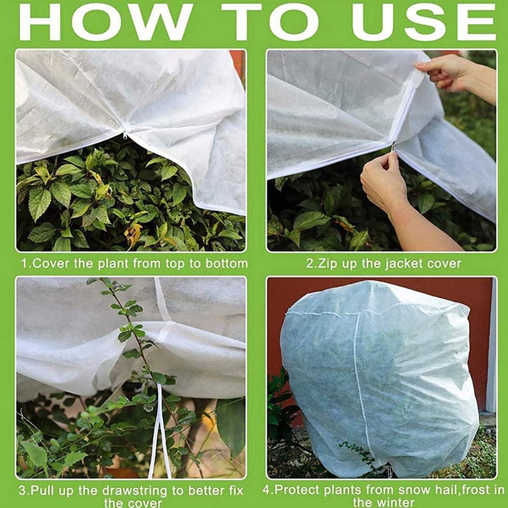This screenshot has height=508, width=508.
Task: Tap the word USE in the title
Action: tap(424, 22)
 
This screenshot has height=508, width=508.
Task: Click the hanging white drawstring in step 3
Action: tap(160, 431)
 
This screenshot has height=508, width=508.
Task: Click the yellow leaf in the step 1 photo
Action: tap(133, 234)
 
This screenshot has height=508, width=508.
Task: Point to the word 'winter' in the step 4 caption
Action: tap(395, 502)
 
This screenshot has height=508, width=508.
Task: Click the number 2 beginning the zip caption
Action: tap(310, 263)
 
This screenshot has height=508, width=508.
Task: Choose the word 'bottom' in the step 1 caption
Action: tap(226, 263)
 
